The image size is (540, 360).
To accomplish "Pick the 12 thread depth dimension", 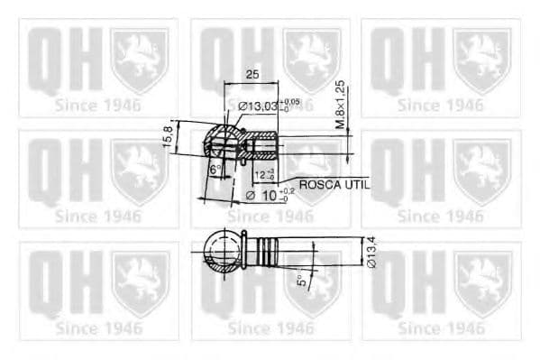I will click(261, 173).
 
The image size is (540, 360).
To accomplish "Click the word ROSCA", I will click(318, 184).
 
